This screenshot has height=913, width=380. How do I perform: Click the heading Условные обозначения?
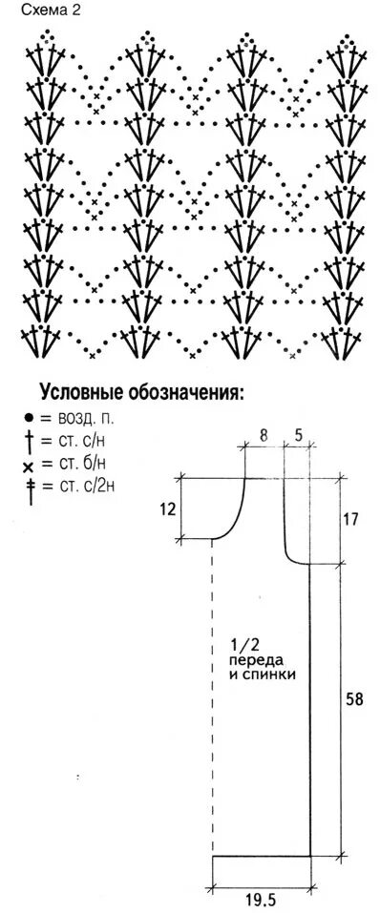141,391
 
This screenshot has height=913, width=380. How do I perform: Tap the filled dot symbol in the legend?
30,418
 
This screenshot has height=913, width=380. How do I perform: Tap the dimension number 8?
264,435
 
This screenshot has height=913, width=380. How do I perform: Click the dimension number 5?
298,435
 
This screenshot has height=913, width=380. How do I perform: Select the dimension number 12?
168,508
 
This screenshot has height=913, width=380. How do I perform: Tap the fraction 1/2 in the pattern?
244,642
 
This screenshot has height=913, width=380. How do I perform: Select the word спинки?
271,674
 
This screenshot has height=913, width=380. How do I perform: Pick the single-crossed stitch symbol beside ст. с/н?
30,441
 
